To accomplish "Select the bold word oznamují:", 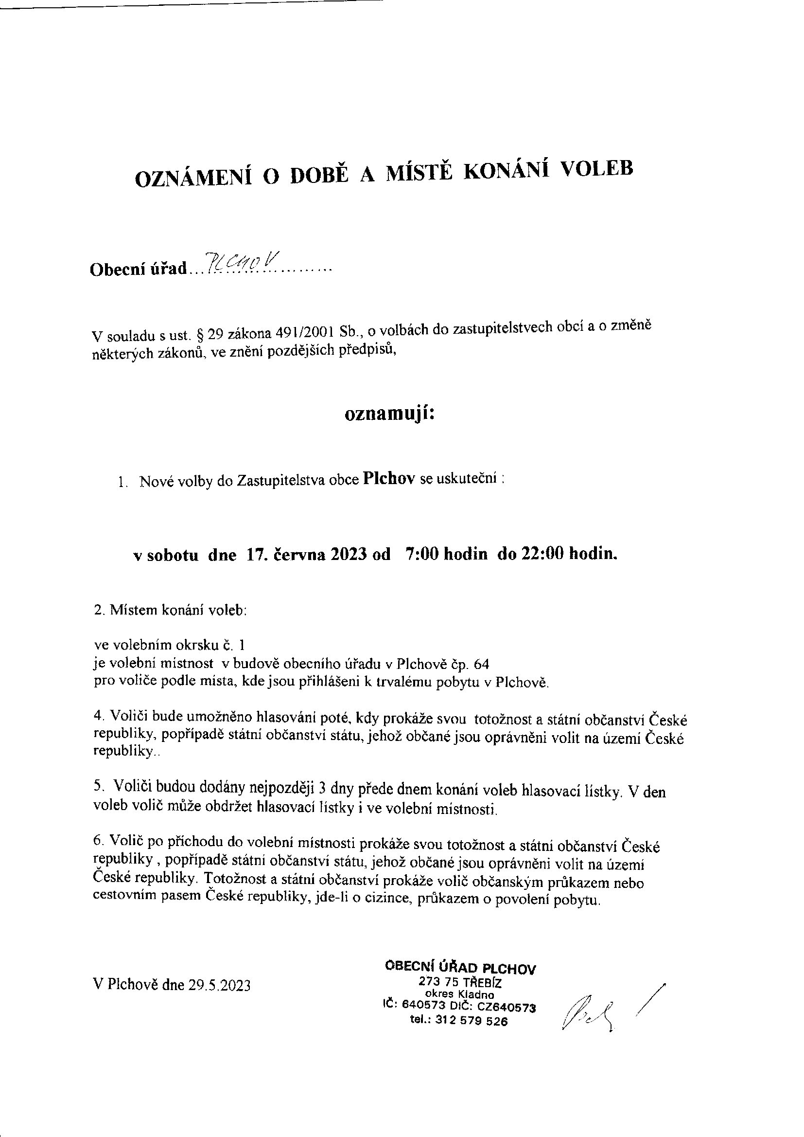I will (389, 414).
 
